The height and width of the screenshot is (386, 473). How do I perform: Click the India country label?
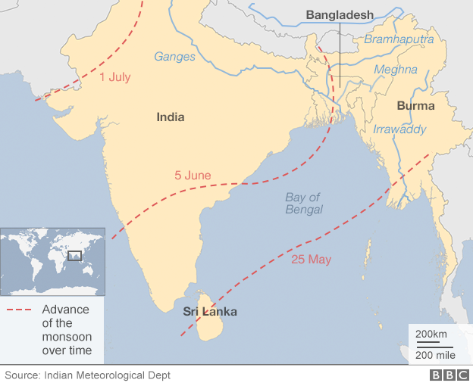[x=170, y=117]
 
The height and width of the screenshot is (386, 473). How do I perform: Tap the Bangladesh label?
[x=340, y=14]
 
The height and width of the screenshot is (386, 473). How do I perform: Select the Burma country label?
[x=415, y=106]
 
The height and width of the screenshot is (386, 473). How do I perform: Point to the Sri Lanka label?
[x=210, y=312]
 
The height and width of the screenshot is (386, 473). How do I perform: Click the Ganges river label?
[x=174, y=56]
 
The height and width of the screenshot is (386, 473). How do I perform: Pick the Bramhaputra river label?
[x=399, y=39]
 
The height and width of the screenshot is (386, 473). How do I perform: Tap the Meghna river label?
[x=394, y=70]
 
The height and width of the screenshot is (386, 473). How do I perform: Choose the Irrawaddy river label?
[x=399, y=129]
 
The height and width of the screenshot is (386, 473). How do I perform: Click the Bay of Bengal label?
[x=304, y=204]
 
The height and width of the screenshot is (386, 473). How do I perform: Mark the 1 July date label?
[x=114, y=76]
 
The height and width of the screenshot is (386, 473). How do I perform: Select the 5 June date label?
[x=193, y=176]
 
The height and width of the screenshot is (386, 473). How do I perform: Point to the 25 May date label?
[x=311, y=260]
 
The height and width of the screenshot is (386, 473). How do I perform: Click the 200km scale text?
[x=431, y=335]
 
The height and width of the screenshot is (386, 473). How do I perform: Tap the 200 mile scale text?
[x=434, y=355]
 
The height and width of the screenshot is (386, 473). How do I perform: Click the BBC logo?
[x=448, y=375]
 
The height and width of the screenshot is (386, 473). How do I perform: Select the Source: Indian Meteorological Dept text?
[x=88, y=375]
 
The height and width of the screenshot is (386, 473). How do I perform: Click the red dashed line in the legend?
[x=20, y=310]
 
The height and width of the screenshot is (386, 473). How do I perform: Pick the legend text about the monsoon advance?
[x=67, y=330]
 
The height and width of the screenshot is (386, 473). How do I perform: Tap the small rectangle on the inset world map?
[x=74, y=257]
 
